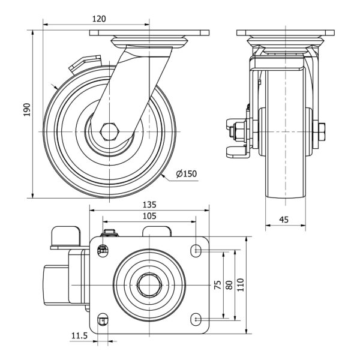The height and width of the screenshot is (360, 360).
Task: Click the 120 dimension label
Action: tap(98, 19)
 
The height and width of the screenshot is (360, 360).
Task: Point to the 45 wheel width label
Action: tap(284, 220)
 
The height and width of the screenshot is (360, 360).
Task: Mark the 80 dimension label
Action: tap(229, 284)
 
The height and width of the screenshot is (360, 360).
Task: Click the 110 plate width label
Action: tap(241, 284)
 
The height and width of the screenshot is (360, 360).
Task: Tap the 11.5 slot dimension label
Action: tap(79, 337)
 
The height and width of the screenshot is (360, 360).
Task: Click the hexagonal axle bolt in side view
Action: tap(109, 131)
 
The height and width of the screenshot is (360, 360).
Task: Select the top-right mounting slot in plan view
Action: tap(197, 249)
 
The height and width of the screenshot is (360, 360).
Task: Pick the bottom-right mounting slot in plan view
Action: tap(197, 319)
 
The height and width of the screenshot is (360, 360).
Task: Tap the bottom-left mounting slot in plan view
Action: tap(103, 319)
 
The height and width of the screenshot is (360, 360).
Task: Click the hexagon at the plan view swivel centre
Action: tap(149, 284)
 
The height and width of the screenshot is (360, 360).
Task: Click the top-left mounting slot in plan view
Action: tap(103, 249)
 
